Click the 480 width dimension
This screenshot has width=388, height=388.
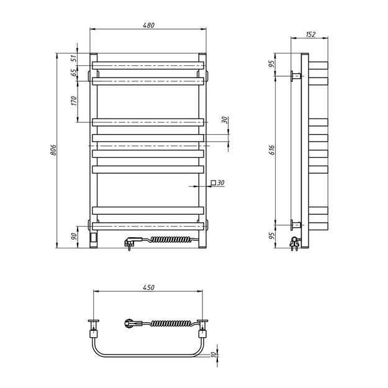coord(147,25)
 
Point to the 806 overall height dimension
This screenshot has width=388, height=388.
coord(54,150)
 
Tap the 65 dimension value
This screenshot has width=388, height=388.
coord(73,72)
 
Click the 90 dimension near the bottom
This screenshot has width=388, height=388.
coord(73,235)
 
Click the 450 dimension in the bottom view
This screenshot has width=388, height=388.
coord(147,287)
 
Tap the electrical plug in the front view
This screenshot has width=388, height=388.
coord(133,241)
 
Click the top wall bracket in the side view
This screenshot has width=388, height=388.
coord(296,76)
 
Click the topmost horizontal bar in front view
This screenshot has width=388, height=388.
coord(147,65)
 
